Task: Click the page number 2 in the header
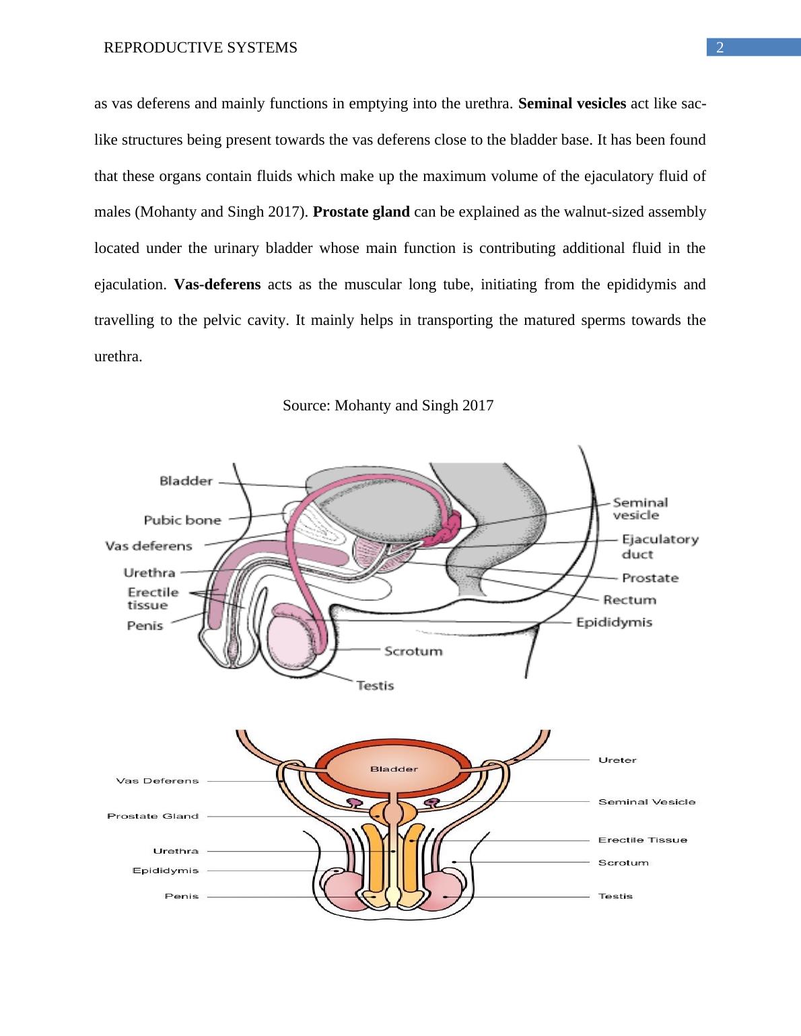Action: [720, 48]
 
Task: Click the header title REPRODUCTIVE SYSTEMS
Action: [201, 48]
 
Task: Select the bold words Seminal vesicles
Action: [573, 104]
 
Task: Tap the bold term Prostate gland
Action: [361, 212]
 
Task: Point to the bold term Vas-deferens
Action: [217, 284]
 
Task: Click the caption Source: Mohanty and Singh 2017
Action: [388, 406]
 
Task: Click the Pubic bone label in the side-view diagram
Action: [182, 520]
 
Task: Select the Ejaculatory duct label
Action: [650, 546]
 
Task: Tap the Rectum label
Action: [629, 599]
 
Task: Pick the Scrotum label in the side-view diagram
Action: [413, 651]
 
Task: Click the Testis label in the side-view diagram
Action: [375, 686]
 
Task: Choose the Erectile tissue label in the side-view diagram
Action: [153, 598]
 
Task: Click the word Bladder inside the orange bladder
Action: [394, 768]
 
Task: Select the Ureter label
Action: [617, 760]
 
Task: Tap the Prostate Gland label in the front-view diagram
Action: [153, 816]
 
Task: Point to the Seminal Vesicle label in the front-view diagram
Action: [647, 802]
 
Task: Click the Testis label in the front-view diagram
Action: [615, 896]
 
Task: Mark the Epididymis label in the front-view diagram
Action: [166, 871]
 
